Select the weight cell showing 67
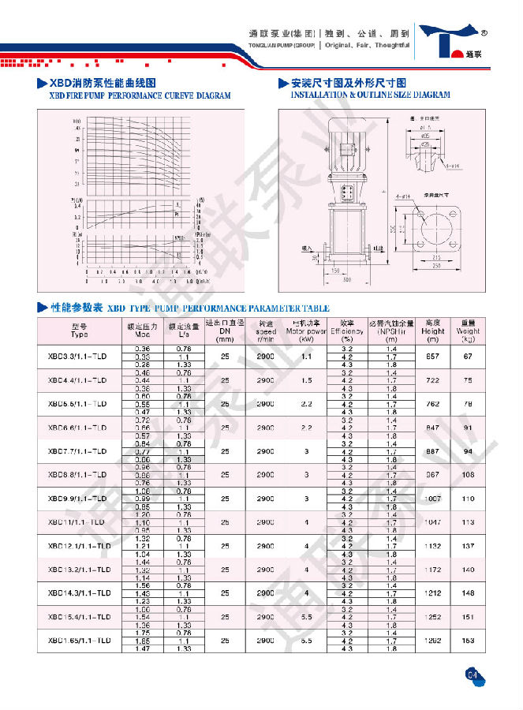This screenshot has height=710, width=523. (x=468, y=357)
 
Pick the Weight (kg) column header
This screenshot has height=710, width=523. (x=468, y=331)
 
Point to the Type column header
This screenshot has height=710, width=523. (x=80, y=331)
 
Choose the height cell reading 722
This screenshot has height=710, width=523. (x=431, y=379)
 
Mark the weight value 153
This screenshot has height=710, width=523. (x=468, y=641)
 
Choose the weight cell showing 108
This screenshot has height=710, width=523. (x=468, y=474)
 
